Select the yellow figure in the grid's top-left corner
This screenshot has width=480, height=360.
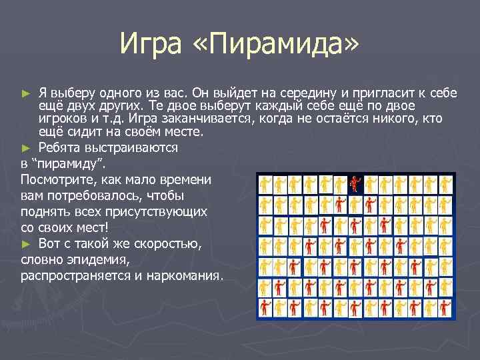tap(265, 183)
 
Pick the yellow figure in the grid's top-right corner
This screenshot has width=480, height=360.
tap(445, 183)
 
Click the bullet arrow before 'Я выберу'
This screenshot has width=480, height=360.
tap(26, 93)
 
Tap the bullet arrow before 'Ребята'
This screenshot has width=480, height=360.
tap(26, 147)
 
